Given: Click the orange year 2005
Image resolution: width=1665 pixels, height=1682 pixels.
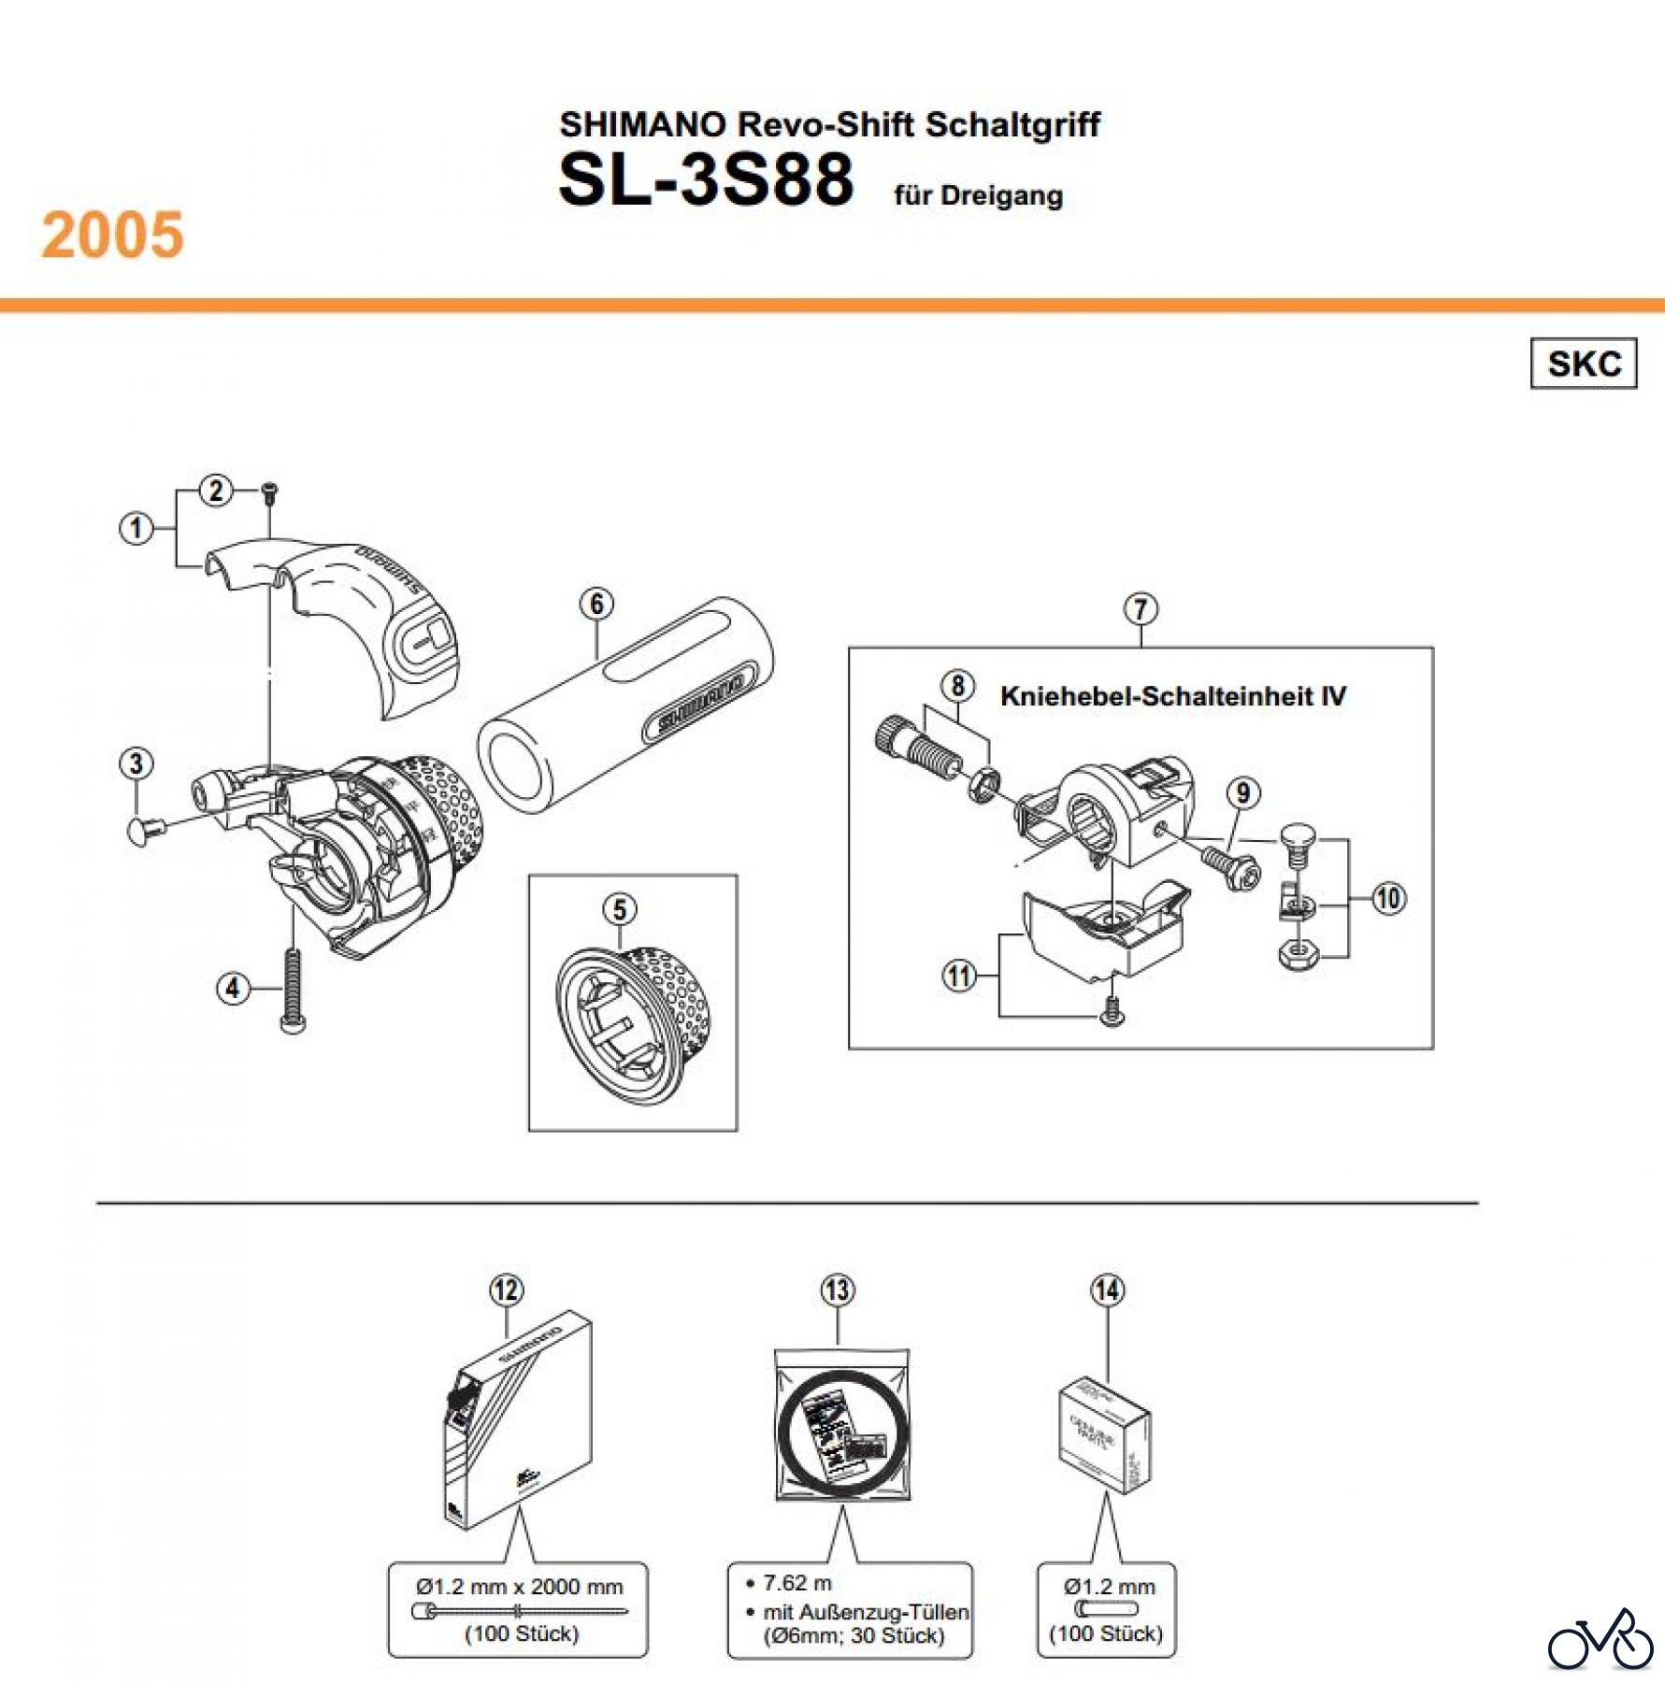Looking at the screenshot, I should [112, 235].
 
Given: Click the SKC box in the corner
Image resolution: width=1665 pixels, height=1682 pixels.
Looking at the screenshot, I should [1583, 363].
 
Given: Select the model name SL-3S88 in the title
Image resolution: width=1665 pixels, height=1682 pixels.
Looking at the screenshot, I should [706, 179].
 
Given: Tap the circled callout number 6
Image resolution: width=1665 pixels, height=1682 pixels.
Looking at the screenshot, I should [596, 604].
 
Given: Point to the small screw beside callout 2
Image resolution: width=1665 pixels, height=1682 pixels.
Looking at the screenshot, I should [269, 492].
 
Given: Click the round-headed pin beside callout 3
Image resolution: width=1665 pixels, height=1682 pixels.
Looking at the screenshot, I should [143, 828].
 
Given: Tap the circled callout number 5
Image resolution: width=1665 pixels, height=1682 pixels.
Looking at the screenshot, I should [620, 908].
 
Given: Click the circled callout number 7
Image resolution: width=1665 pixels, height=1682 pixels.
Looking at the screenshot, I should [1141, 609].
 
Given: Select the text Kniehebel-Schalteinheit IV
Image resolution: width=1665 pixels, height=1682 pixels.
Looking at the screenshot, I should [1172, 696].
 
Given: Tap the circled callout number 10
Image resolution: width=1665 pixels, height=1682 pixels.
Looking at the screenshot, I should [1388, 899].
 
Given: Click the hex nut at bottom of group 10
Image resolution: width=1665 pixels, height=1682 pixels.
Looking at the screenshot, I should [1298, 953].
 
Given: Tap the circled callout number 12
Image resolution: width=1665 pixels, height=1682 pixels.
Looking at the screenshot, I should [506, 1290].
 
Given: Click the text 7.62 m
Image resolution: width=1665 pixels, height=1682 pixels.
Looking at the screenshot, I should [797, 1583].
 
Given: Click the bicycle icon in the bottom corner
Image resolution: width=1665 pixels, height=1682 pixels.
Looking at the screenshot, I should [1600, 1640].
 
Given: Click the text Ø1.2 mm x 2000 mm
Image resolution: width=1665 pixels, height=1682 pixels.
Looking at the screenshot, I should [519, 1587].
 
